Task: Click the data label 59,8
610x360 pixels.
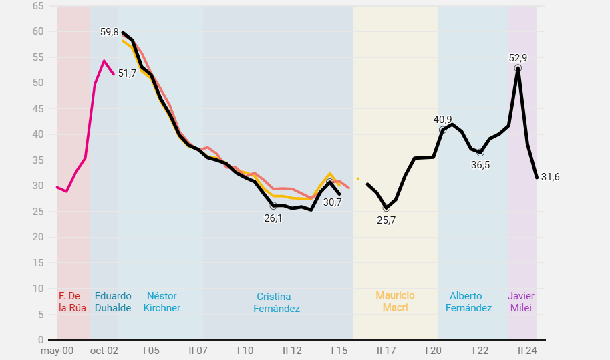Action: (x=110, y=32)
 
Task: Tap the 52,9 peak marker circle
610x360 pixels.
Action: (x=518, y=69)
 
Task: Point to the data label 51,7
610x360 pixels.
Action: (x=127, y=73)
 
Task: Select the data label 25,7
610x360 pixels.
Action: (x=386, y=220)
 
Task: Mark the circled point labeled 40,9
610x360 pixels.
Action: (x=443, y=130)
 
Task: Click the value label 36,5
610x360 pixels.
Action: (x=480, y=165)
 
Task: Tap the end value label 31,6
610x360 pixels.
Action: (x=550, y=177)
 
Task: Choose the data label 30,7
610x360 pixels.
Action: (x=332, y=202)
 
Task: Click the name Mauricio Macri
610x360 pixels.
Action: (x=395, y=301)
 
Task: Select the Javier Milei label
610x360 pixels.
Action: (x=521, y=301)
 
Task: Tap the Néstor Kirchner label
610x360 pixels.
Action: (x=162, y=301)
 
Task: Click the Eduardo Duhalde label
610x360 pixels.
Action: (x=113, y=301)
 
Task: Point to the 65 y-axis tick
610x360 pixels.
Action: (x=38, y=6)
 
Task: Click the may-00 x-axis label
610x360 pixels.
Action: (x=57, y=351)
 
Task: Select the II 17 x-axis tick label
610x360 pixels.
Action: (x=386, y=351)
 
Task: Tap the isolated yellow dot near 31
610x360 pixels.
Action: (x=358, y=178)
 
